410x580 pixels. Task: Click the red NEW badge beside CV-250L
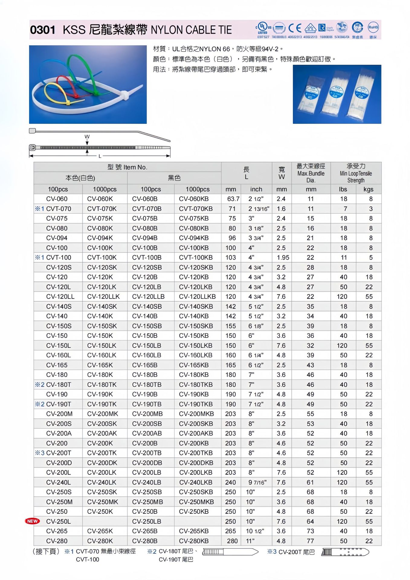point(32,521)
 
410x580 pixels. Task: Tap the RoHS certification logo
point(373,27)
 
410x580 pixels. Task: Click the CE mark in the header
point(295,28)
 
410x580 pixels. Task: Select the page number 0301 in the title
point(43,30)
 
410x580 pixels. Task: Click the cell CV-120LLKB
point(197,297)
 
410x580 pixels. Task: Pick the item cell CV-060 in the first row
point(57,199)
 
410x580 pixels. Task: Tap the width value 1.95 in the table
point(283,257)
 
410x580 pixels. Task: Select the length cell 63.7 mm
point(233,199)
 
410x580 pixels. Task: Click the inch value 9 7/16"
point(257,482)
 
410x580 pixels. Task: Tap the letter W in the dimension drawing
point(87,137)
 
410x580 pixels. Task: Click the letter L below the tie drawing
point(100,156)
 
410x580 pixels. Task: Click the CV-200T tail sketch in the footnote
point(345,552)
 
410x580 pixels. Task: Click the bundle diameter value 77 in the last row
point(310,541)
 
